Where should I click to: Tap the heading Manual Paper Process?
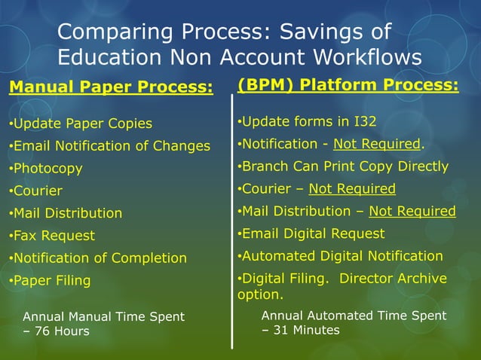pos(111,87)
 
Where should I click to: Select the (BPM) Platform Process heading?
pos(348,85)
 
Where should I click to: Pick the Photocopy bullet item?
pos(46,169)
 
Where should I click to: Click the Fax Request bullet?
pos(52,236)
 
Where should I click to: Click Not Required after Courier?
pos(352,189)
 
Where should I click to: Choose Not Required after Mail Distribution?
pos(412,212)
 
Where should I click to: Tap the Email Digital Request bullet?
pos(311,234)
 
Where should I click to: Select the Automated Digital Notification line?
pos(341,257)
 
